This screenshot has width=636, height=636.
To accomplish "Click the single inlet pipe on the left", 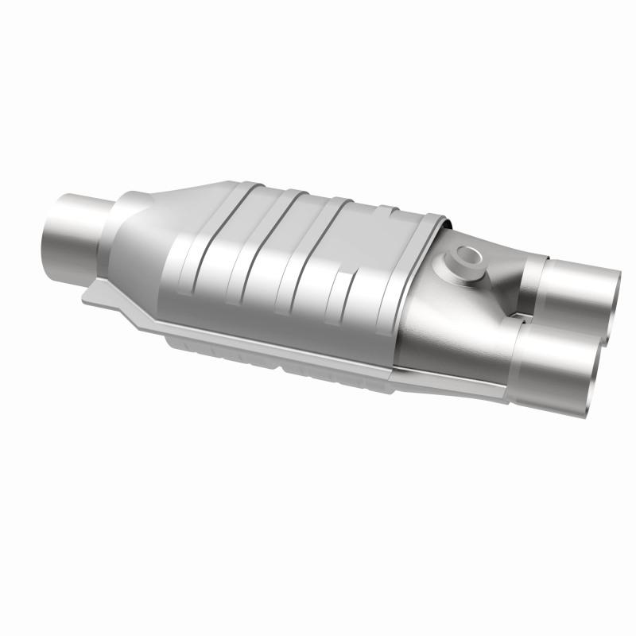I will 76,231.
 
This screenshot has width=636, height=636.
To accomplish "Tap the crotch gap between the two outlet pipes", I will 529,318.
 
